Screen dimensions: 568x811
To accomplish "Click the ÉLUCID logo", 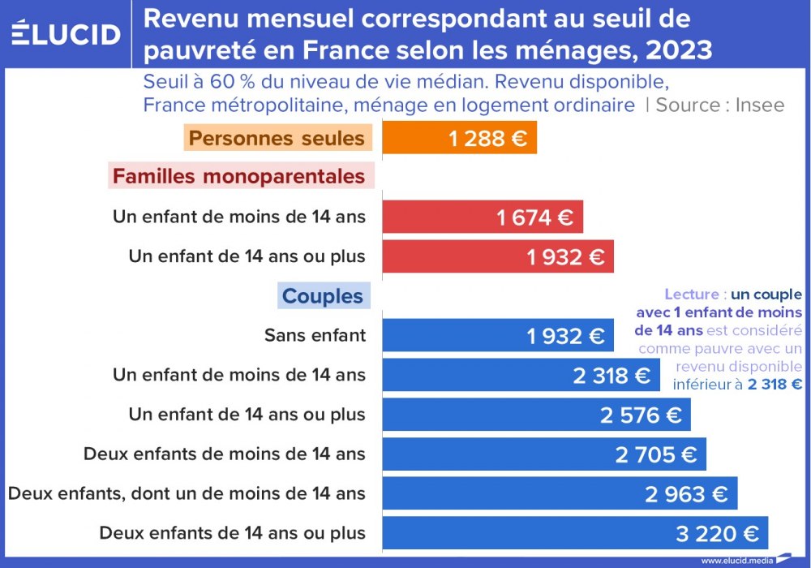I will pyautogui.click(x=66, y=33).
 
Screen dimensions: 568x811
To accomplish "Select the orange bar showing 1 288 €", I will pyautogui.click(x=459, y=138).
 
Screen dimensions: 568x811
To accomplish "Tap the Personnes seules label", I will pyautogui.click(x=277, y=138).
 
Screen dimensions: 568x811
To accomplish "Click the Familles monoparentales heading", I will pyautogui.click(x=238, y=176).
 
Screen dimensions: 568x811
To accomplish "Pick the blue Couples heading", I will pyautogui.click(x=323, y=295).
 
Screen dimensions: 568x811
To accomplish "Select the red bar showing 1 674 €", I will pyautogui.click(x=482, y=217).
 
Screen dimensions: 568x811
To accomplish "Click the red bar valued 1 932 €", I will pyautogui.click(x=497, y=256).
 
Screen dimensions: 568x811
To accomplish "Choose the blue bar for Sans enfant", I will pyautogui.click(x=497, y=335).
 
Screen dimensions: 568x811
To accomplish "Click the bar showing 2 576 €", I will pyautogui.click(x=536, y=415).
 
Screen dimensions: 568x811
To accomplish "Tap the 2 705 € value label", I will pyautogui.click(x=655, y=454).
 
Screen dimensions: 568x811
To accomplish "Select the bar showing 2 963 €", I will pyautogui.click(x=560, y=493).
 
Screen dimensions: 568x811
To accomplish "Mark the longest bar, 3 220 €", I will pyautogui.click(x=574, y=533).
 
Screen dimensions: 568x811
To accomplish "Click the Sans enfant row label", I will pyautogui.click(x=315, y=335).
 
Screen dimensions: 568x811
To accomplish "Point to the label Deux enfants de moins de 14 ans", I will pyautogui.click(x=225, y=454).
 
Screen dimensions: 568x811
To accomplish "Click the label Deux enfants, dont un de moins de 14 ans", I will pyautogui.click(x=187, y=493).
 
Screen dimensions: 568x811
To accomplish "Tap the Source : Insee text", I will pyautogui.click(x=719, y=105).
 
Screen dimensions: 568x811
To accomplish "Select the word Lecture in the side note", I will pyautogui.click(x=691, y=295).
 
